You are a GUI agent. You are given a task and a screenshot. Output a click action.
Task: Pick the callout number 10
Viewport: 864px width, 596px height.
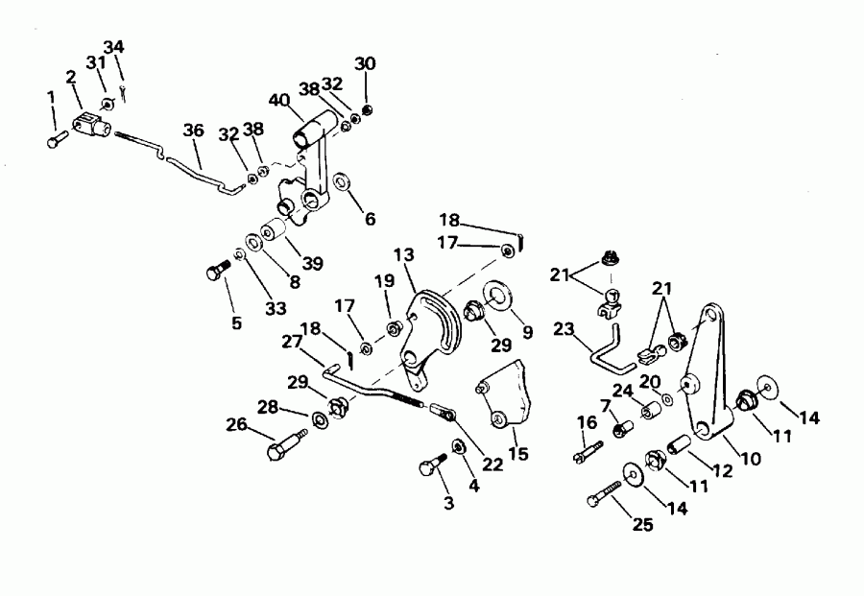click(x=751, y=458)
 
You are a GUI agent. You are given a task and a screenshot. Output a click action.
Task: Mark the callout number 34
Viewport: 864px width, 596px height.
click(x=113, y=46)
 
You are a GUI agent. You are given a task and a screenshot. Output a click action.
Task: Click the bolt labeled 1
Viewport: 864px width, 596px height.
click(x=53, y=141)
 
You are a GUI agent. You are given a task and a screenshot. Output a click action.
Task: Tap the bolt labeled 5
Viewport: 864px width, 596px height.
click(x=215, y=273)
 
